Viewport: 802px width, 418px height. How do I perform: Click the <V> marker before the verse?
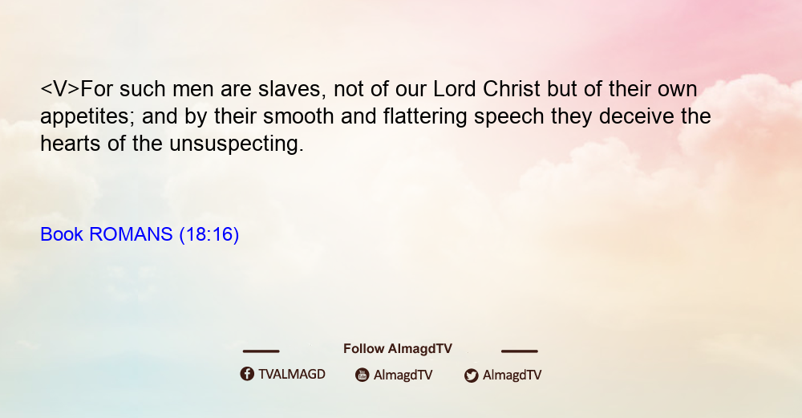[x=60, y=89]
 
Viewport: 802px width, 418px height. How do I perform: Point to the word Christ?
[x=511, y=89]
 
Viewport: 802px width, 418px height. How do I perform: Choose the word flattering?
[x=425, y=117]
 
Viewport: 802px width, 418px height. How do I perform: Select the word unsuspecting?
[x=237, y=144]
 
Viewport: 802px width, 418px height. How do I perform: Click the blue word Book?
[x=62, y=234]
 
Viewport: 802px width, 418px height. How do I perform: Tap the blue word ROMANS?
[x=131, y=234]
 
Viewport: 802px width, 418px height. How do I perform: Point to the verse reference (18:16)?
[x=209, y=235]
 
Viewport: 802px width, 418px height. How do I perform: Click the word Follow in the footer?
[x=363, y=349]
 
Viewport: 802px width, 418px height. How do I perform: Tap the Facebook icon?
[x=247, y=374]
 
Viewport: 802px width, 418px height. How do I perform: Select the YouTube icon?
[x=363, y=375]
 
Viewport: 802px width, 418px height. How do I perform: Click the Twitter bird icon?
[x=471, y=375]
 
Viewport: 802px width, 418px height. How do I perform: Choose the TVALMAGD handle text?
[x=292, y=375]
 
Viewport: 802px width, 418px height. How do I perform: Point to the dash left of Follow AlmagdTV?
[x=261, y=351]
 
